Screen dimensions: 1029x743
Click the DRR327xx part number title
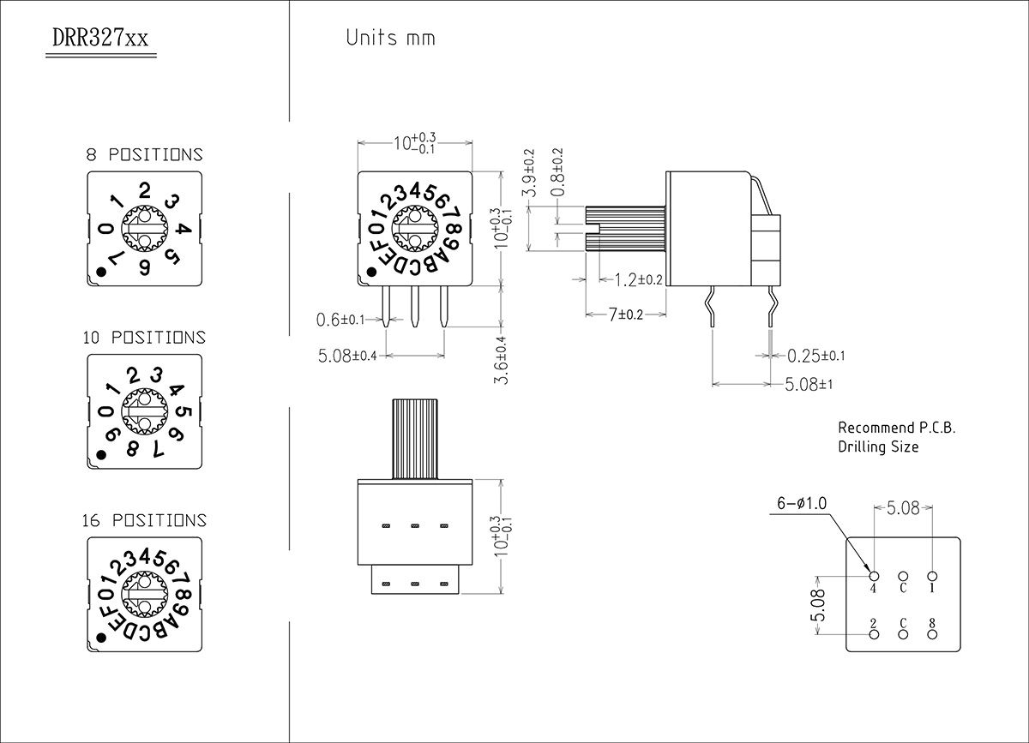point(100,38)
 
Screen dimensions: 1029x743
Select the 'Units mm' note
point(390,38)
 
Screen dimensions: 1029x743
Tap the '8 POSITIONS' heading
point(144,155)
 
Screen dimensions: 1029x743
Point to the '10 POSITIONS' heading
point(144,338)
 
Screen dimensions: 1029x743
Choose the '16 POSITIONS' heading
point(144,520)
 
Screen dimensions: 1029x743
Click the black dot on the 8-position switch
point(101,272)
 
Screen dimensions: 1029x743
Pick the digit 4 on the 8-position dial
point(184,228)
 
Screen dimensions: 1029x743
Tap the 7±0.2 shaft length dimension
point(626,315)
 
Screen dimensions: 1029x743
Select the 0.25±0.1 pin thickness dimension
point(815,356)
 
